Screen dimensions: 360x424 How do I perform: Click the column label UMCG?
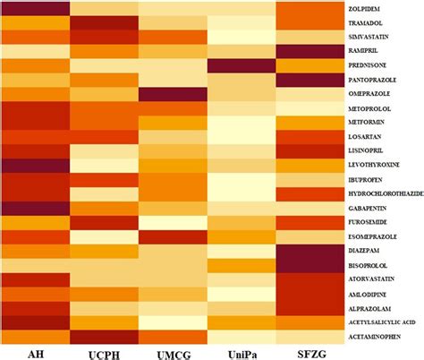point(173,352)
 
